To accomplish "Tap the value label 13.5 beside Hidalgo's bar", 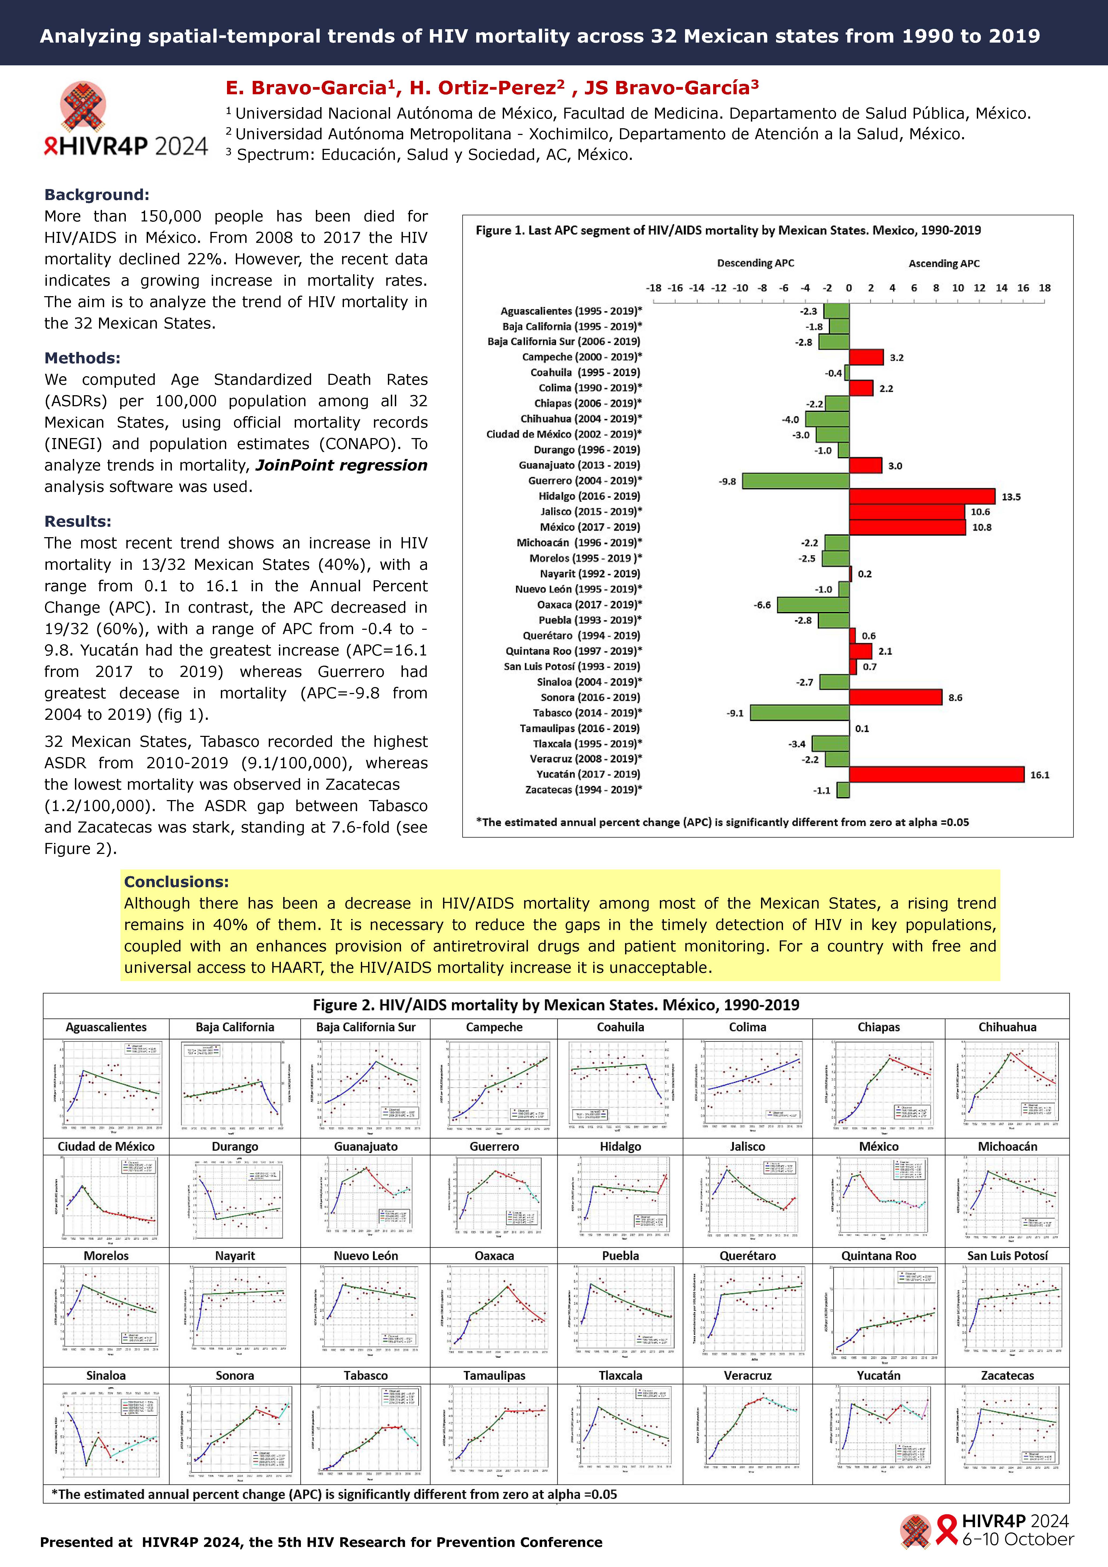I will point(1011,497).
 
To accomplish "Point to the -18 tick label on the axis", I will point(654,288).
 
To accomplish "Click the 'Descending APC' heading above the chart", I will point(755,263).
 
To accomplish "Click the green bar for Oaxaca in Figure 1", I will point(813,605).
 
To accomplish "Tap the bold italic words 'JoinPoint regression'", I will point(341,465).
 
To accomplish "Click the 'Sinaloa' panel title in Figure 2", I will point(106,1375).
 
